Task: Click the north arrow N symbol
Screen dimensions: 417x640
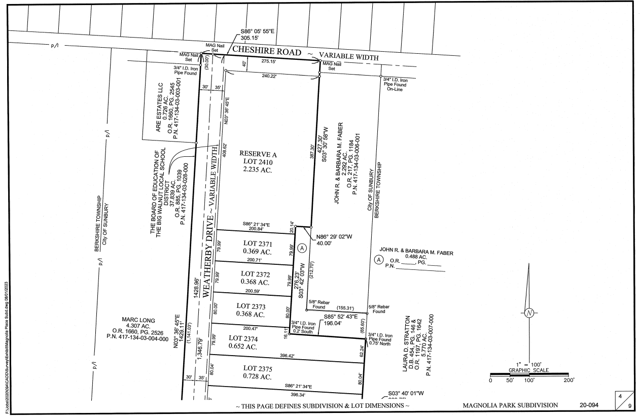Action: [529, 312]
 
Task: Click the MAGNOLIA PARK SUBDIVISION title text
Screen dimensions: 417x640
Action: [511, 405]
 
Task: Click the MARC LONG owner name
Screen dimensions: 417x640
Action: [138, 320]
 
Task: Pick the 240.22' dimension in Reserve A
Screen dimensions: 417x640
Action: [271, 76]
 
